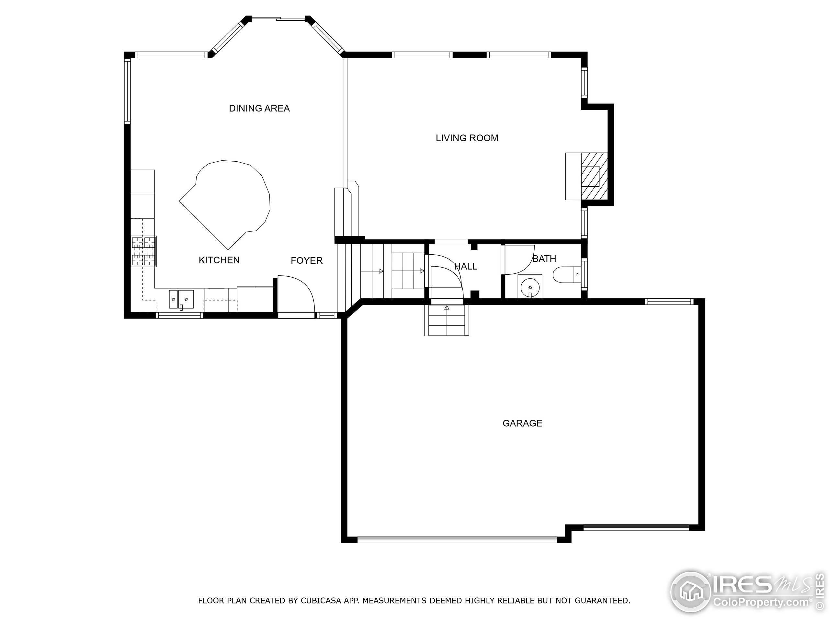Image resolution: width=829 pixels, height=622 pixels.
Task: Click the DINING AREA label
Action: click(259, 108)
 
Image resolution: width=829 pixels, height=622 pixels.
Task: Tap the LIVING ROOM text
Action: click(467, 138)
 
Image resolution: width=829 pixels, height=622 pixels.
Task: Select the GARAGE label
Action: click(522, 423)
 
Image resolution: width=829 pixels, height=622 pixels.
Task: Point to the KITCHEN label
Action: click(219, 260)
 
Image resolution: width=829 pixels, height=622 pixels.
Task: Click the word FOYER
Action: click(306, 260)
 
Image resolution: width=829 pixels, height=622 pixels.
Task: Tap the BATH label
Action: click(544, 259)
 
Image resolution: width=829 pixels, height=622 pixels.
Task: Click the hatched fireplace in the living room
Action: click(594, 176)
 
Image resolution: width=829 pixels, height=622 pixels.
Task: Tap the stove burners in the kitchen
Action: click(143, 251)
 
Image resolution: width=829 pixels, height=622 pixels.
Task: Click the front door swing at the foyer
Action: click(296, 296)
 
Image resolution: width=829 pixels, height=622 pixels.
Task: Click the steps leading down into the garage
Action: click(446, 321)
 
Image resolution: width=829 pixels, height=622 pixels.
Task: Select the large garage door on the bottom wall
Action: click(457, 540)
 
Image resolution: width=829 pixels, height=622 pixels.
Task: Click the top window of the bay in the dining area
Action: click(278, 19)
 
